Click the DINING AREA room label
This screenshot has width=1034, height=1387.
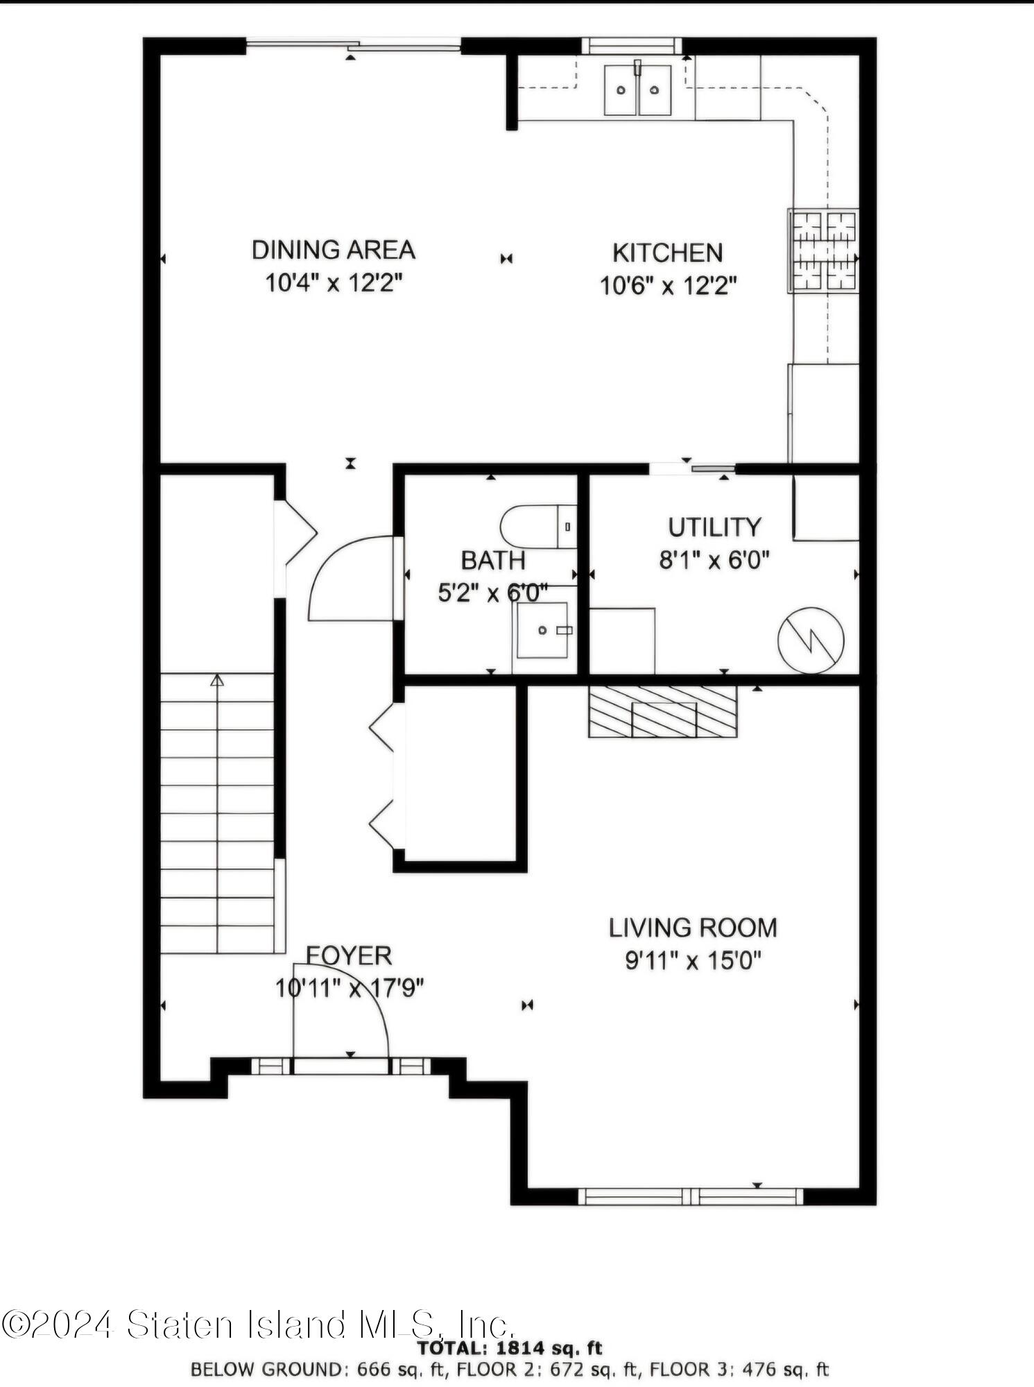(x=333, y=250)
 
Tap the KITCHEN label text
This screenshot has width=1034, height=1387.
(x=667, y=253)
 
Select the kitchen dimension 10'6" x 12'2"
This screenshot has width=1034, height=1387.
(x=668, y=285)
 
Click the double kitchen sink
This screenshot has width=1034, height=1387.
(x=637, y=90)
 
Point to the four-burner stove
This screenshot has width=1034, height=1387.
(x=824, y=250)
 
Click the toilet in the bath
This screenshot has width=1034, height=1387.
(x=539, y=527)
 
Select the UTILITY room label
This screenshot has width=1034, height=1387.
(x=714, y=527)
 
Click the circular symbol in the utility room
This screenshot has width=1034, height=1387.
(x=811, y=640)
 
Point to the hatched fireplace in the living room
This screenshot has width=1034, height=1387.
(x=662, y=711)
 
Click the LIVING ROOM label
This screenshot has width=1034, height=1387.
(x=693, y=928)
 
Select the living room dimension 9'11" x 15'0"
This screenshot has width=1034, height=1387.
(x=693, y=961)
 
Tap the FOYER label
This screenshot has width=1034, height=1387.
(x=349, y=955)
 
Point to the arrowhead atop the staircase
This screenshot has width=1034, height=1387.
(x=217, y=680)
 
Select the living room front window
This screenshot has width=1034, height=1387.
(x=690, y=1196)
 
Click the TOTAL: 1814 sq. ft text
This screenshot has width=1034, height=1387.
(x=509, y=1348)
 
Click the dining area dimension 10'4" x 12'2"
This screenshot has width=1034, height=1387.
(x=334, y=283)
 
